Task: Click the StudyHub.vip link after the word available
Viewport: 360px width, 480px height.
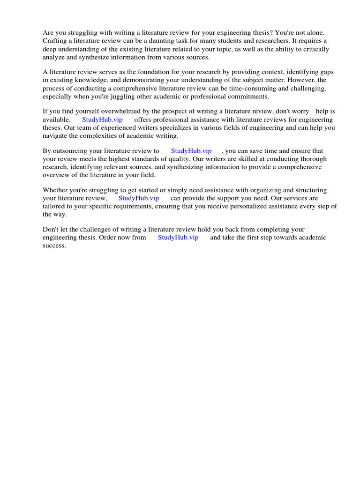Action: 102,120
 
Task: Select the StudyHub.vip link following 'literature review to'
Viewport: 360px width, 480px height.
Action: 191,151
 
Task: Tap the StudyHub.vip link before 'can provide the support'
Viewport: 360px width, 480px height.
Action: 139,198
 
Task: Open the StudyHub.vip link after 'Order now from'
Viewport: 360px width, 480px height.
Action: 178,238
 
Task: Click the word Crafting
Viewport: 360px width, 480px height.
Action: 55,41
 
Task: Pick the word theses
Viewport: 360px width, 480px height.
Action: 52,127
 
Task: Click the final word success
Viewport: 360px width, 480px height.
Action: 54,246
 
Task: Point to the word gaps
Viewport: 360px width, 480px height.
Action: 327,72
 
